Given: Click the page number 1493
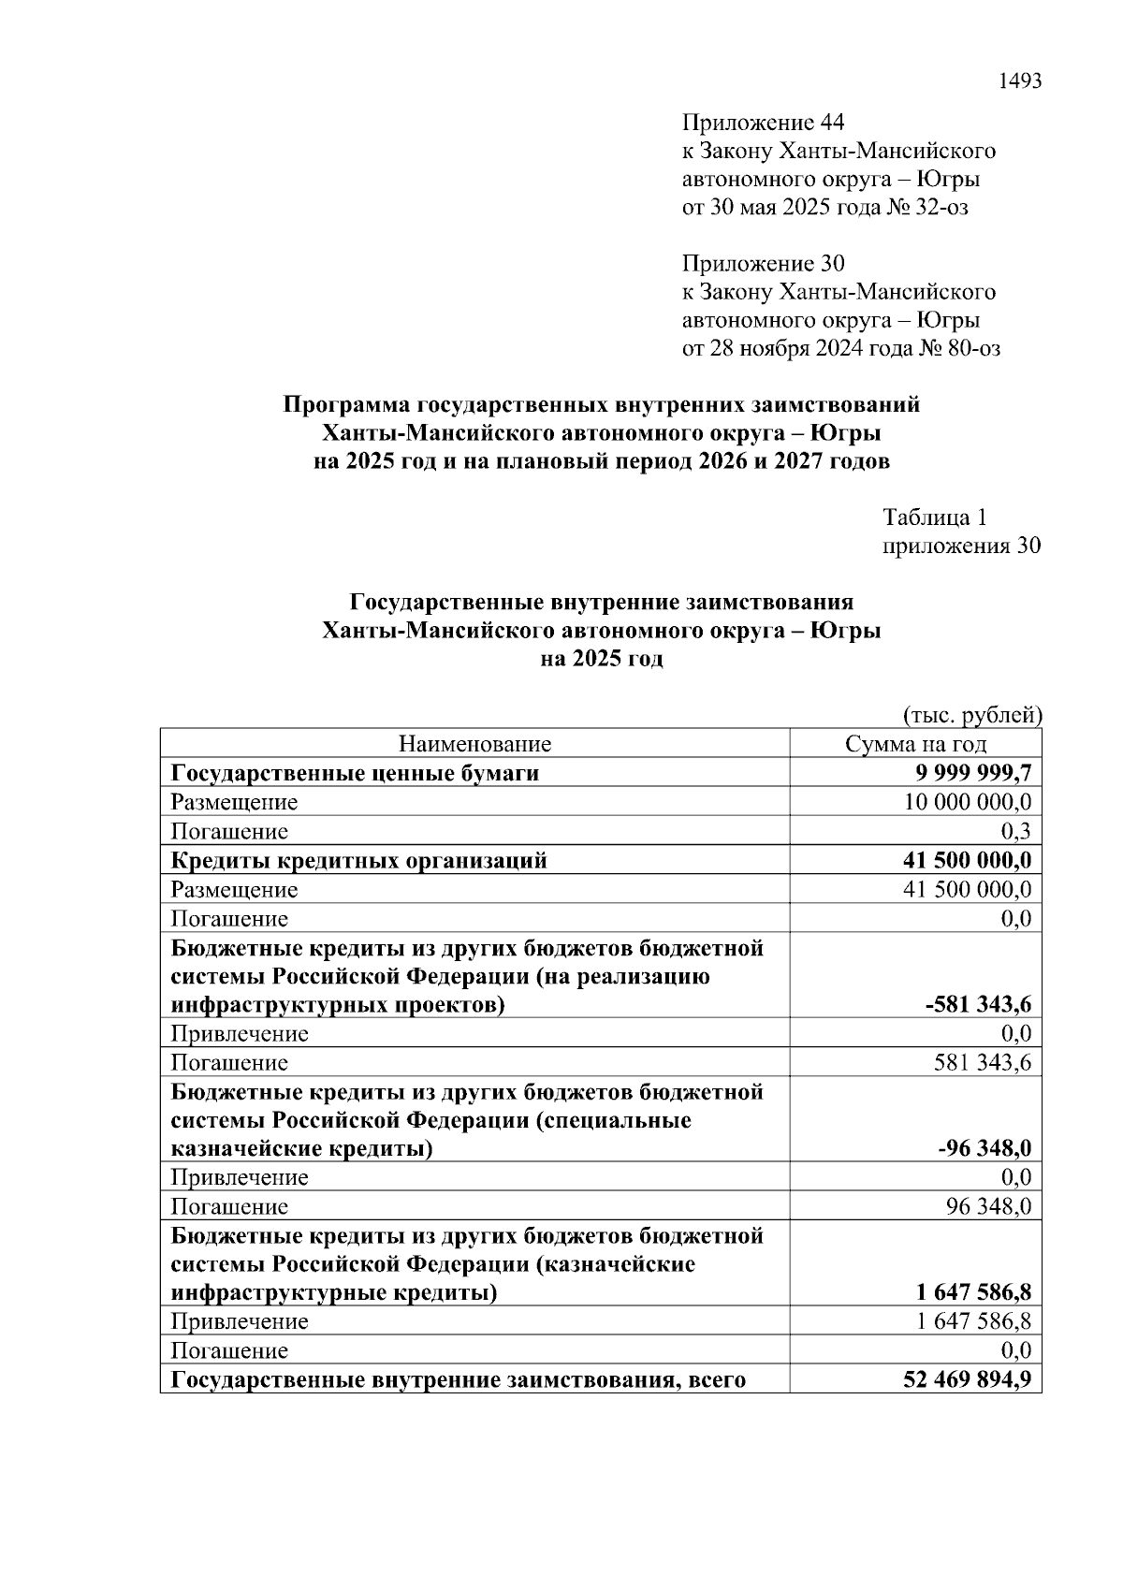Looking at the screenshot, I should click(x=1020, y=80).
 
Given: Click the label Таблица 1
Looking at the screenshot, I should click(x=935, y=518).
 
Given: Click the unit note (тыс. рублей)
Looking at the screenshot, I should click(x=971, y=715).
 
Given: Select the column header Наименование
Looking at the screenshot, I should click(x=474, y=744).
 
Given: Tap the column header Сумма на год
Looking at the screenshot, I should click(x=915, y=744).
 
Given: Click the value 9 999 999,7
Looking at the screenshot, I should click(x=973, y=773).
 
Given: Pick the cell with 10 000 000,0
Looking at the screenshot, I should click(x=968, y=802).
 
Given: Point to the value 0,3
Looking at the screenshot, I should click(x=1015, y=831).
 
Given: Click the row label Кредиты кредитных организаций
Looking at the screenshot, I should click(x=358, y=860).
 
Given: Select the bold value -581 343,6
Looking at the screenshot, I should click(x=978, y=1005).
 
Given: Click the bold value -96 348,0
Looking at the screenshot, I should click(x=984, y=1148).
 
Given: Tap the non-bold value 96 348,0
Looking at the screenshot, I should click(x=988, y=1206).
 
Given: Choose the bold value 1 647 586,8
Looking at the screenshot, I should click(x=974, y=1293).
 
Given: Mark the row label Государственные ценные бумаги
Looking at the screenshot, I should click(x=355, y=773).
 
